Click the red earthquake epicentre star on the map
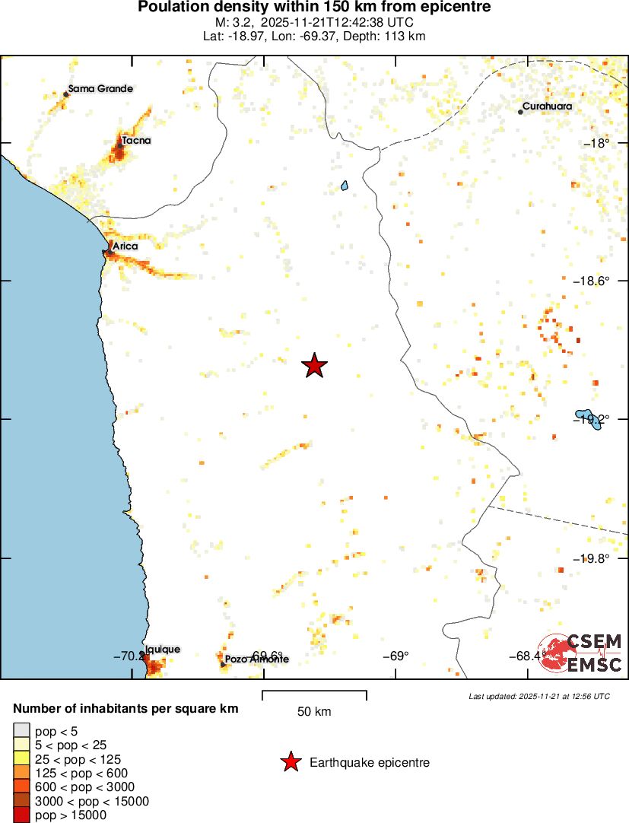(x=314, y=366)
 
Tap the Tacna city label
(x=137, y=141)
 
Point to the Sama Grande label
(x=100, y=89)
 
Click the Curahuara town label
(x=547, y=106)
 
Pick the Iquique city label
(x=163, y=650)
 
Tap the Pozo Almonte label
(x=257, y=659)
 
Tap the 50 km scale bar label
(x=314, y=712)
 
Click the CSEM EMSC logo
(x=581, y=653)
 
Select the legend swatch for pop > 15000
(x=21, y=815)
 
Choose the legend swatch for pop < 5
(x=21, y=731)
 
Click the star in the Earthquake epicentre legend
(x=290, y=762)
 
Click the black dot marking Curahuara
(x=520, y=112)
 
